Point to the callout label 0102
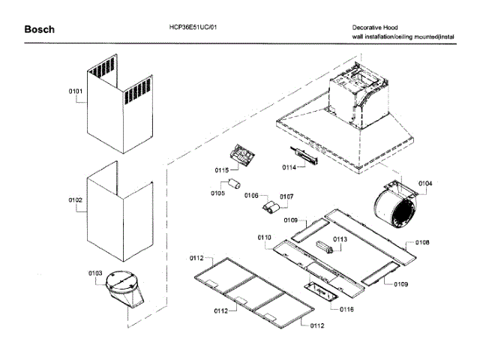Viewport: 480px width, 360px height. (x=76, y=201)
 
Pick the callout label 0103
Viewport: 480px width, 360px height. (x=95, y=273)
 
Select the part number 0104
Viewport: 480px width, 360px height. (x=425, y=184)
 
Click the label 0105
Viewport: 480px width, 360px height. (x=217, y=193)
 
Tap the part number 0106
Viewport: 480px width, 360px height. (x=251, y=195)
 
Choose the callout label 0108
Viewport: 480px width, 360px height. (x=422, y=243)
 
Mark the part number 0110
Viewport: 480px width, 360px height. (x=264, y=237)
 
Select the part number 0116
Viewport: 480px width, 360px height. (x=346, y=309)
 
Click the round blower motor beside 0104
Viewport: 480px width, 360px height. (x=398, y=206)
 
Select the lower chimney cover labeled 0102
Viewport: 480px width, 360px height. (x=120, y=214)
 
